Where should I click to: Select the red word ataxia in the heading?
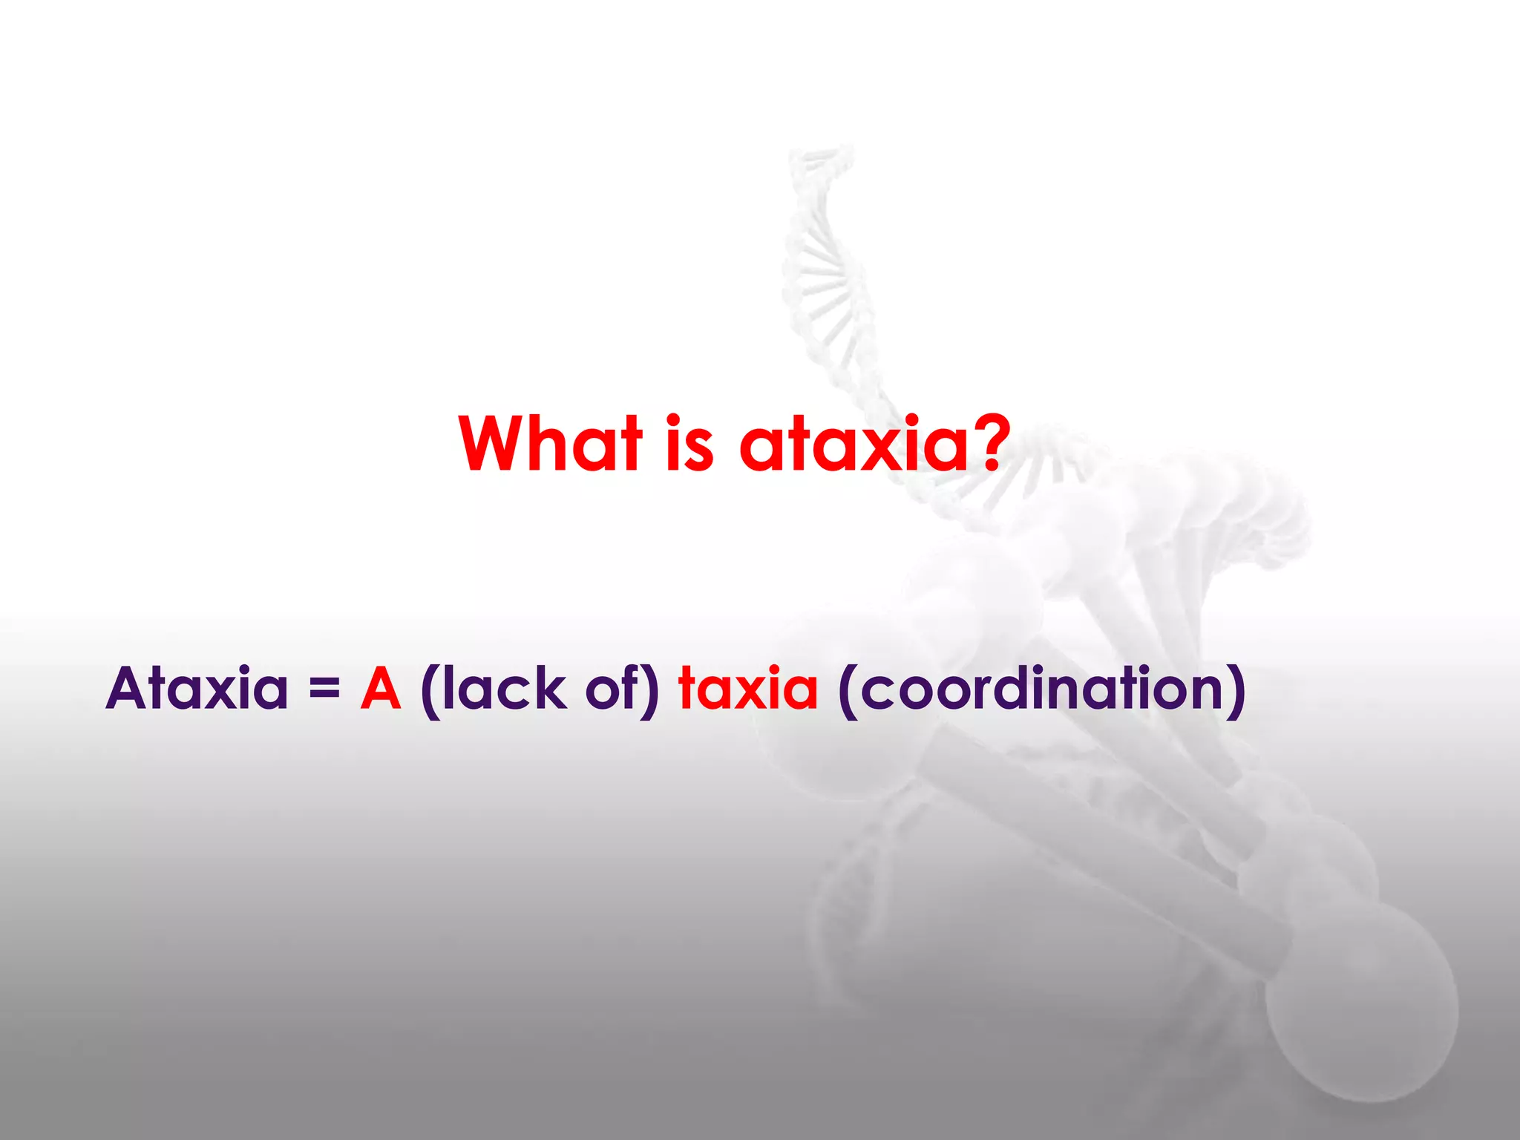click(854, 445)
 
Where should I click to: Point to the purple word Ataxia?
click(197, 689)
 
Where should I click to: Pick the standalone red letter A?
click(381, 689)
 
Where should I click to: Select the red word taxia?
click(748, 689)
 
